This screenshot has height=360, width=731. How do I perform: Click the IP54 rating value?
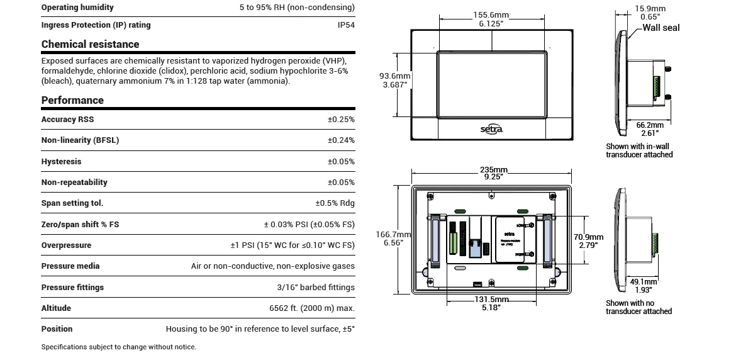pyautogui.click(x=345, y=25)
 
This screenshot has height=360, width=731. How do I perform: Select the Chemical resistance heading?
pyautogui.click(x=90, y=44)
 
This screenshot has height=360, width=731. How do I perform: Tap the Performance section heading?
pyautogui.click(x=72, y=100)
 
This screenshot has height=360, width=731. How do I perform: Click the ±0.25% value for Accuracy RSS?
pyautogui.click(x=341, y=120)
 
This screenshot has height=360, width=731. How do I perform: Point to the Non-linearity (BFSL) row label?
pyautogui.click(x=80, y=140)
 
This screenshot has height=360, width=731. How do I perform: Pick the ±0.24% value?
pyautogui.click(x=341, y=140)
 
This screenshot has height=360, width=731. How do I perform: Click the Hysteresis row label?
pyautogui.click(x=61, y=162)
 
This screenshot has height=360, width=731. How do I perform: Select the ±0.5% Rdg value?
pyautogui.click(x=335, y=203)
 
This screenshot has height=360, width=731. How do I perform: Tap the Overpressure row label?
pyautogui.click(x=66, y=245)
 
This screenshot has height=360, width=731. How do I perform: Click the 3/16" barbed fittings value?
pyautogui.click(x=315, y=288)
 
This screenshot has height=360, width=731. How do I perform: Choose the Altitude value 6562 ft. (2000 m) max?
pyautogui.click(x=311, y=308)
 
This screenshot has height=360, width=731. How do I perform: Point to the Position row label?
pyautogui.click(x=57, y=329)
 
